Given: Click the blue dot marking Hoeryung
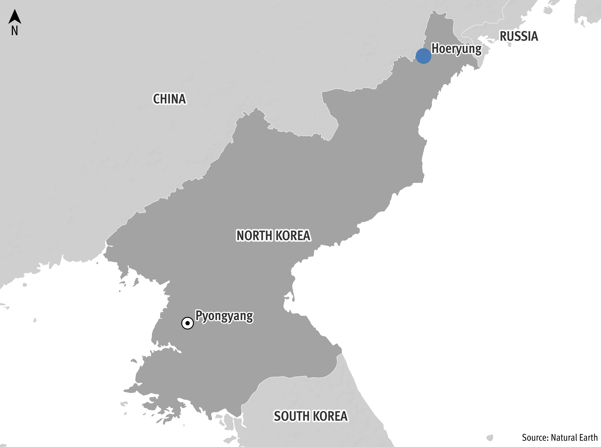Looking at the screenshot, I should point(423,56).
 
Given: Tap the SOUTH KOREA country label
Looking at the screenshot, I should point(310,416).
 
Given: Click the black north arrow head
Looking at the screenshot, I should point(15,17).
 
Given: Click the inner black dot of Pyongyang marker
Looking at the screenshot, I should point(187,323).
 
